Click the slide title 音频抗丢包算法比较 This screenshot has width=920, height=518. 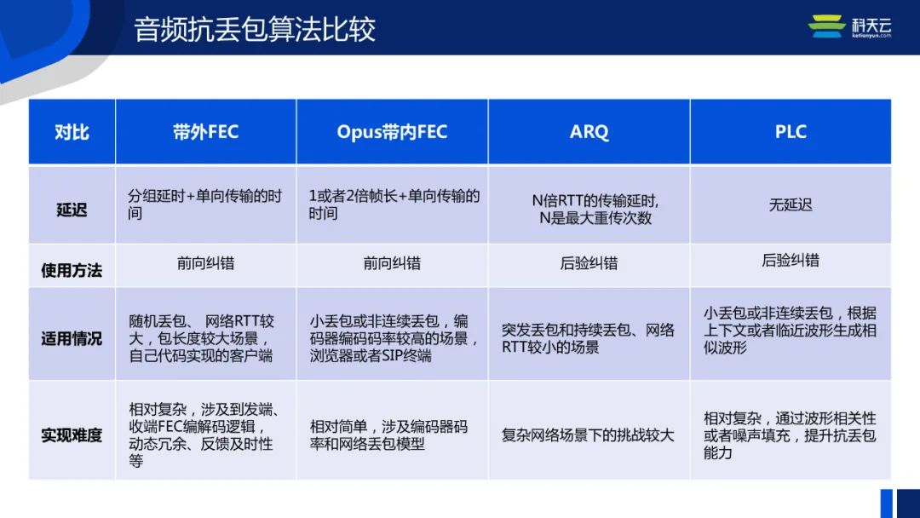255,30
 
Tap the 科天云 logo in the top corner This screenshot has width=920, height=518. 849,27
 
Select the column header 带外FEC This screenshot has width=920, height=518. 205,132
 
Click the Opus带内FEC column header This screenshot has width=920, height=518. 392,132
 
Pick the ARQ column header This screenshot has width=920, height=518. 589,132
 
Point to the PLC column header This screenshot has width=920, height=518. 791,132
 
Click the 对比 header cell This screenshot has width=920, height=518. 72,132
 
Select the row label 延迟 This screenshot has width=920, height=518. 72,208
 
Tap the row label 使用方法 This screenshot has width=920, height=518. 72,270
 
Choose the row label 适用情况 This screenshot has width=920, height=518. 72,338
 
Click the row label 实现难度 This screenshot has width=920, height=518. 72,435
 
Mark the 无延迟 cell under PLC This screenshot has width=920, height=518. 791,205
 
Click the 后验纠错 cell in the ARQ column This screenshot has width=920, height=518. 589,264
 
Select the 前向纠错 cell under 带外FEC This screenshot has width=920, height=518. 205,264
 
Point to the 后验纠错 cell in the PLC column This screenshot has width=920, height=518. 791,261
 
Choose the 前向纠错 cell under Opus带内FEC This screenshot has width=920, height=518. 392,264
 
